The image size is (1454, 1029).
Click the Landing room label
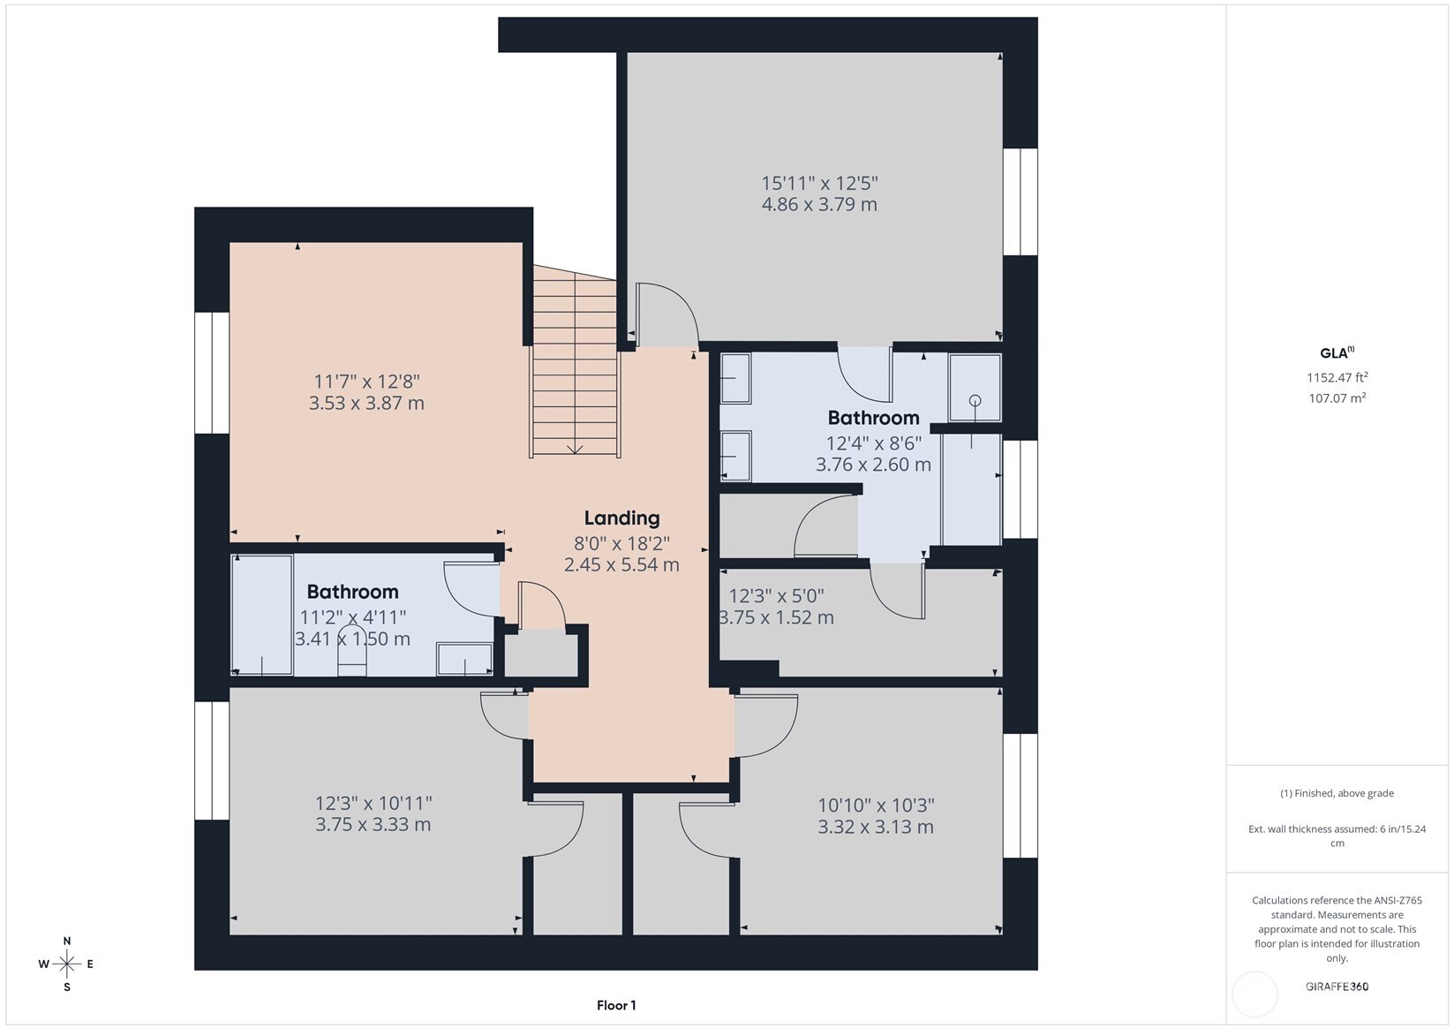pyautogui.click(x=622, y=518)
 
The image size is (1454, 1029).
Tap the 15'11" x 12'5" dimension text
pyautogui.click(x=819, y=184)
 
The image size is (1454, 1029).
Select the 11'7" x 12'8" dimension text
pyautogui.click(x=366, y=382)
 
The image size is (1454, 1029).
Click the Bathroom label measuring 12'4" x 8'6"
pyautogui.click(x=873, y=418)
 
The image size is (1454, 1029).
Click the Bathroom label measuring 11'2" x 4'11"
pyautogui.click(x=352, y=592)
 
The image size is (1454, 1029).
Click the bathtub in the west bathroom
pyautogui.click(x=261, y=614)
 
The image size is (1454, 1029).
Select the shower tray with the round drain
pyautogui.click(x=975, y=388)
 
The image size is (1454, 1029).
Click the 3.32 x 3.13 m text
pyautogui.click(x=875, y=828)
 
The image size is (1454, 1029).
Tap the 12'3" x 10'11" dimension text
pyautogui.click(x=373, y=804)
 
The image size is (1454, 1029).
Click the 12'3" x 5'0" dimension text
pyautogui.click(x=776, y=596)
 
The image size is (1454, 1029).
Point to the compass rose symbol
pyautogui.click(x=67, y=964)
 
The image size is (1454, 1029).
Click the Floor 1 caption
pyautogui.click(x=616, y=1005)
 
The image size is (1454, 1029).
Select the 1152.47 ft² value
pyautogui.click(x=1337, y=377)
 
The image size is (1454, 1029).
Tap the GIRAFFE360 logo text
pyautogui.click(x=1337, y=987)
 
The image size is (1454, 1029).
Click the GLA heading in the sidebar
pyautogui.click(x=1335, y=353)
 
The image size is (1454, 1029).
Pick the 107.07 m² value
pyautogui.click(x=1337, y=398)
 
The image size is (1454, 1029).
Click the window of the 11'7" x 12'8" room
pyautogui.click(x=212, y=373)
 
